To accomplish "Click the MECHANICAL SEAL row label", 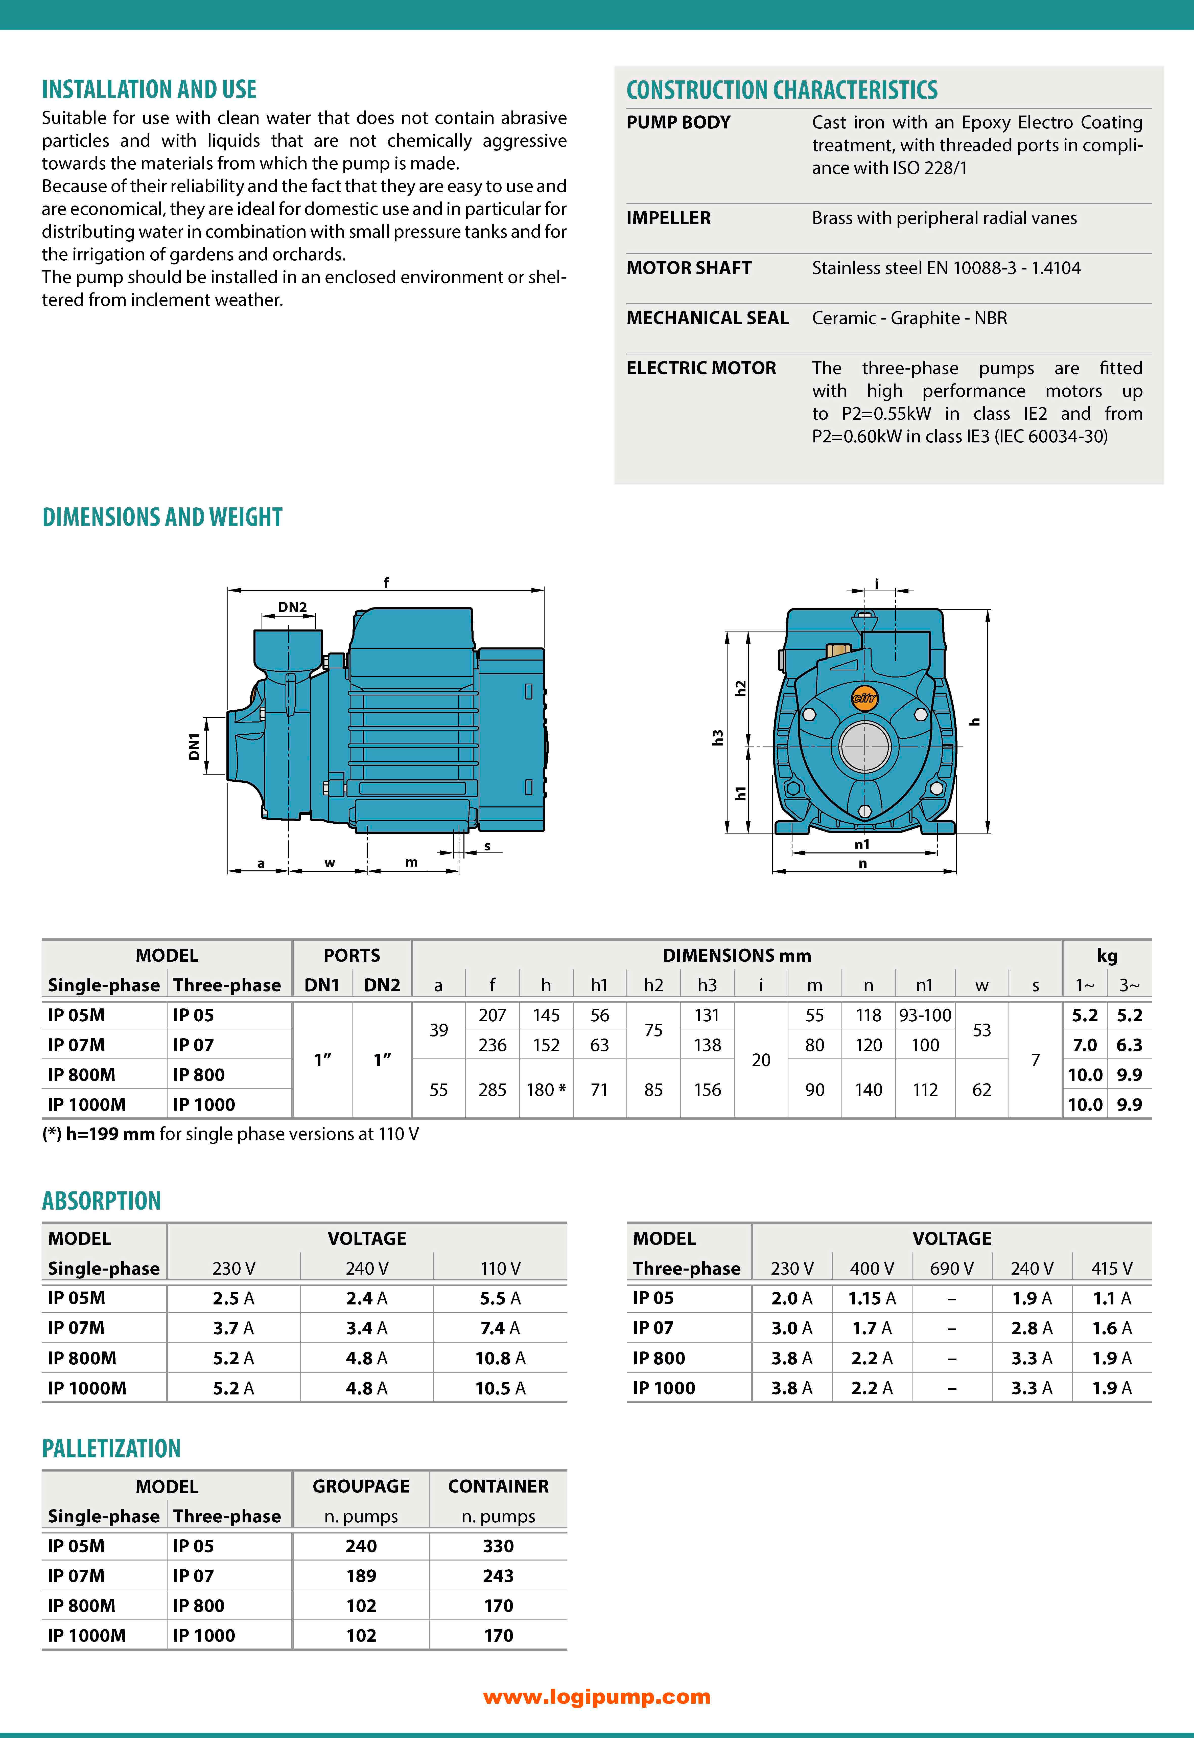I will coord(707,318).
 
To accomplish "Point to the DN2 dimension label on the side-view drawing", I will coord(293,607).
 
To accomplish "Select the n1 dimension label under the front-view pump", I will coord(862,844).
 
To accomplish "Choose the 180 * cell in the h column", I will coord(546,1090).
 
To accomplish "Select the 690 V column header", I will coord(952,1269).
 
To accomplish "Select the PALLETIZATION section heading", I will coord(111,1448).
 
